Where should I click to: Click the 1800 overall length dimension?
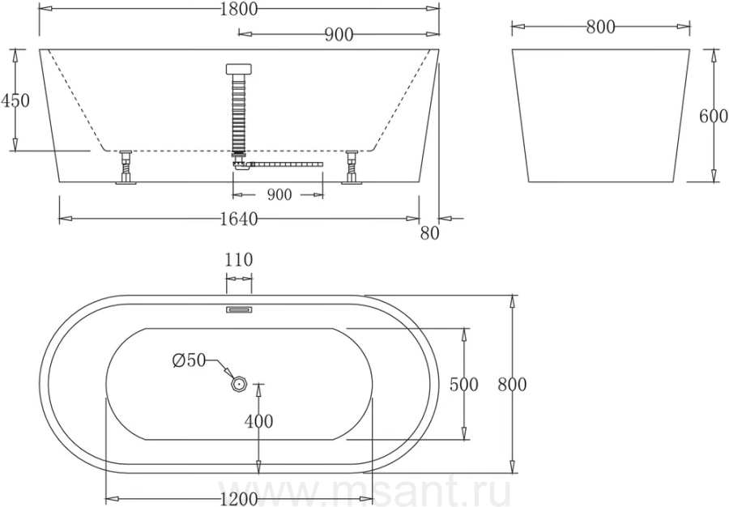click(x=238, y=9)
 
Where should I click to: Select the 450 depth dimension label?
click(x=15, y=100)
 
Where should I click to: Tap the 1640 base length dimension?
click(x=238, y=219)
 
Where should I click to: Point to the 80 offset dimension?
click(x=429, y=232)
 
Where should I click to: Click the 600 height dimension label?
click(x=714, y=116)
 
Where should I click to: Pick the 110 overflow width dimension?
click(x=239, y=259)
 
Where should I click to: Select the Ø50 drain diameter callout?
click(x=189, y=360)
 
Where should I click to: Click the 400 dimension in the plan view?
click(x=259, y=421)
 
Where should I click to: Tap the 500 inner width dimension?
click(x=463, y=385)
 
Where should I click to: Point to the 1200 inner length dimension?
click(x=238, y=499)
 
